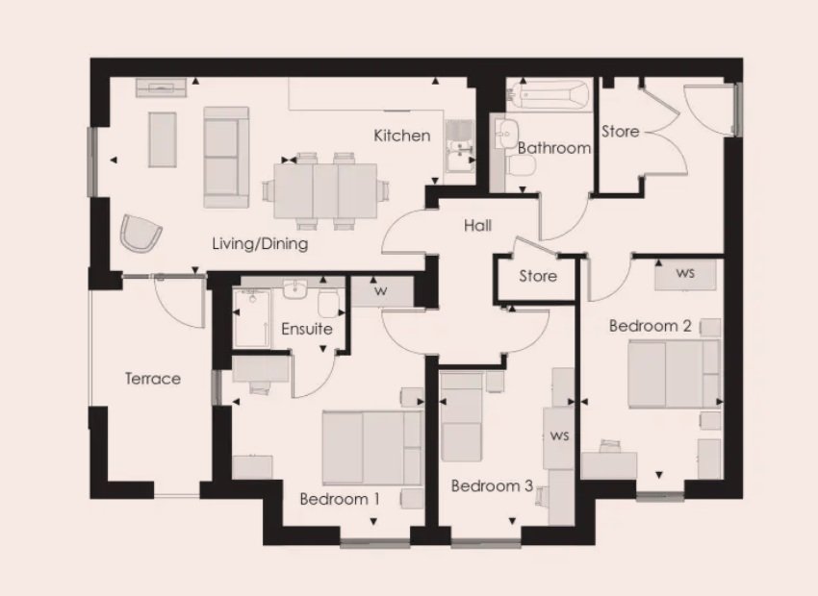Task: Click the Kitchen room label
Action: pos(402,136)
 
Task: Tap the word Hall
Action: pos(478,226)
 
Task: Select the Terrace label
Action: pos(153,378)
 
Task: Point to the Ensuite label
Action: pos(307,329)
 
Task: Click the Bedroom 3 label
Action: pos(492,486)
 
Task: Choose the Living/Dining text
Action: pos(260,244)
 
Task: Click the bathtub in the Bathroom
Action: pos(550,95)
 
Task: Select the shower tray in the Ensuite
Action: pos(252,318)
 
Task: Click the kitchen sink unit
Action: pos(459,147)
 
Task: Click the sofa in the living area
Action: pos(226,158)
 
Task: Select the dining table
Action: pos(325,190)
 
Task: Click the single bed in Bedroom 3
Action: pos(461,417)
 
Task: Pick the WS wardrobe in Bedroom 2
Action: pos(685,274)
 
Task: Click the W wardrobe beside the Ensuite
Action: pos(381,291)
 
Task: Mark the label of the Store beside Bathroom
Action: pos(621,132)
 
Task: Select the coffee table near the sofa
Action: pos(163,139)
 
